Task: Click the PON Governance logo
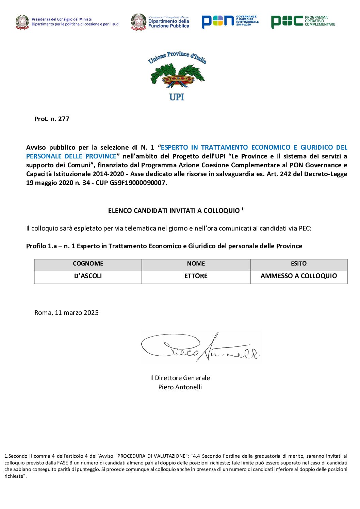click(230, 21)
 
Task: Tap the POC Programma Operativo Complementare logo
click(303, 21)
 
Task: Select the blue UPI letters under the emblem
click(177, 97)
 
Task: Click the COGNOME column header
click(88, 264)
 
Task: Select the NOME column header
click(196, 264)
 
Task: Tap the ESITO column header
click(298, 264)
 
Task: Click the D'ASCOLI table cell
click(88, 276)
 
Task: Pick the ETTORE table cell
click(196, 276)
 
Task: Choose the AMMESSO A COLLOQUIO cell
click(298, 276)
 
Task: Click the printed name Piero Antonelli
click(180, 387)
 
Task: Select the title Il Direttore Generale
click(180, 378)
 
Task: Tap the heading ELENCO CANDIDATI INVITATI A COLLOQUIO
click(174, 211)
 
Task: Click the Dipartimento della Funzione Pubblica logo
click(160, 22)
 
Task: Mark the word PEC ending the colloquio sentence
click(305, 228)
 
